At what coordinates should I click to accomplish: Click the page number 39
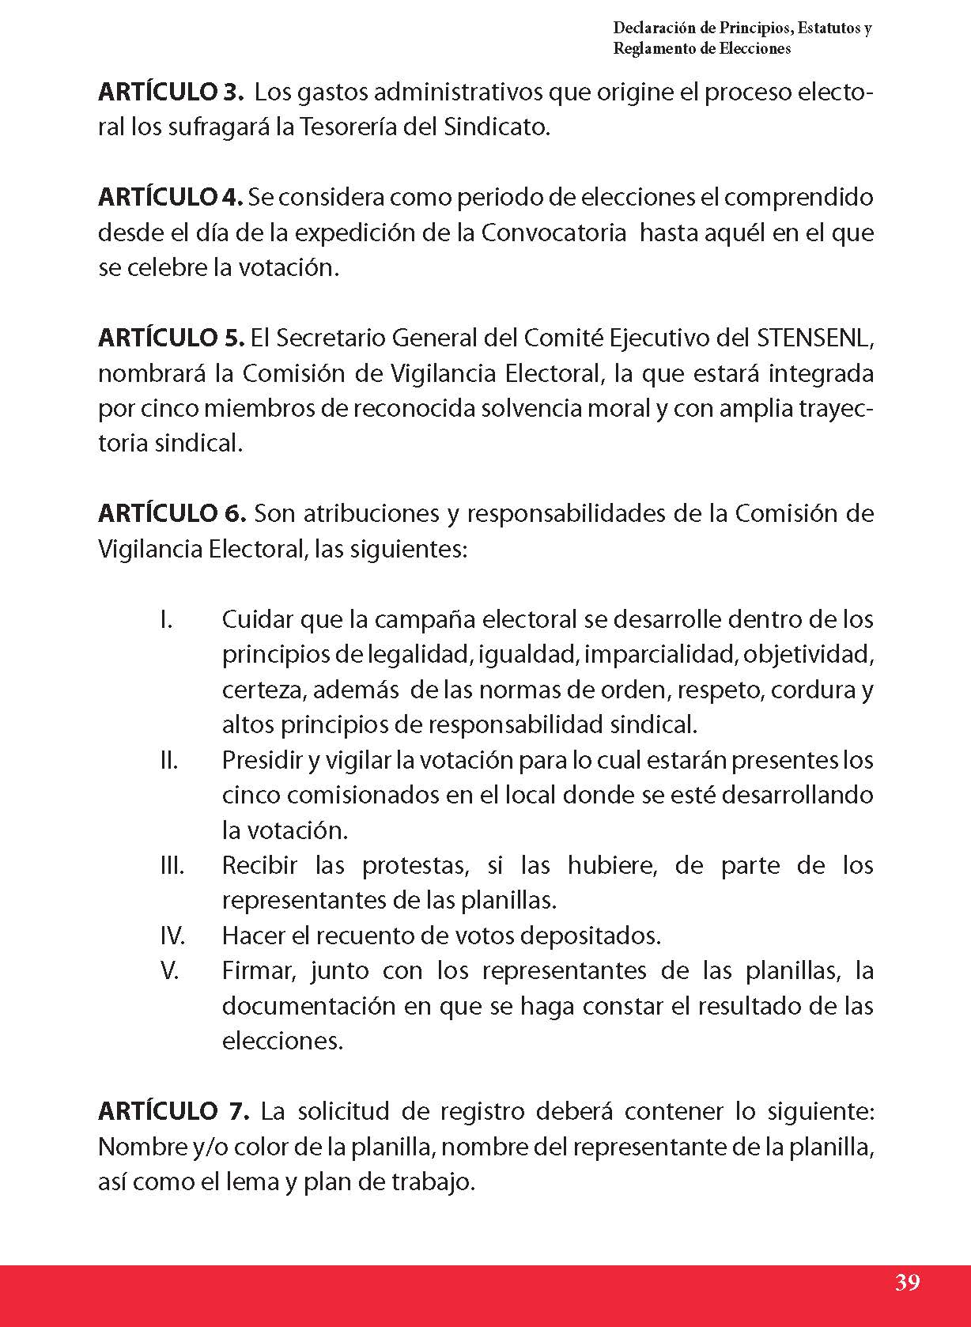908,1282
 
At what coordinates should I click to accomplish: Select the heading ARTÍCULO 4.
170,198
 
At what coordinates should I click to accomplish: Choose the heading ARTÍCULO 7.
173,1111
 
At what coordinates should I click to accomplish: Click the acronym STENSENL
814,338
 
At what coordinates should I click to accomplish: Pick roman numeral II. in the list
168,760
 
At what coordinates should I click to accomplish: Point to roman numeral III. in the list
172,865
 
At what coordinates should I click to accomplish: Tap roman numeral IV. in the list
172,936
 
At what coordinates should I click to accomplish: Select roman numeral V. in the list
170,970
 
